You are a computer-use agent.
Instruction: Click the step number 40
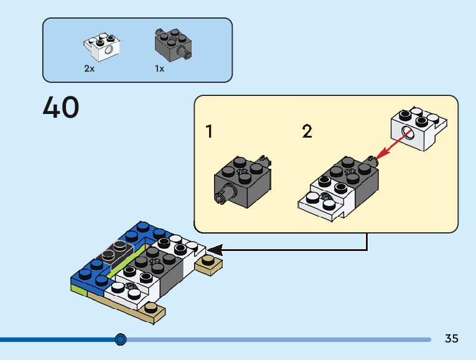[x=61, y=107]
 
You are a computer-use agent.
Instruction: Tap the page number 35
[x=451, y=338]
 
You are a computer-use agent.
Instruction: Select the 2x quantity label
[x=89, y=69]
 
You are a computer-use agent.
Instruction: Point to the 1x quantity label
[x=159, y=69]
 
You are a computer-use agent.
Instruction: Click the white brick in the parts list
[x=102, y=47]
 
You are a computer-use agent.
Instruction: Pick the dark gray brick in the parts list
[x=173, y=45]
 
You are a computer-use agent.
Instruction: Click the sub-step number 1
[x=209, y=131]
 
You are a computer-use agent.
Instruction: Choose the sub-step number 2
[x=307, y=131]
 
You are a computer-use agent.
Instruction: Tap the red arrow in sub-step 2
[x=393, y=144]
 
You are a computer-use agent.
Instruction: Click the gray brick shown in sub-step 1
[x=243, y=181]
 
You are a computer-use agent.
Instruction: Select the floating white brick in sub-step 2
[x=419, y=129]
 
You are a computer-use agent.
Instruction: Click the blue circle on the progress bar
[x=121, y=339]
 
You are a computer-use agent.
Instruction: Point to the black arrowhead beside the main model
[x=215, y=250]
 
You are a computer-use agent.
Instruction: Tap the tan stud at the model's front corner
[x=151, y=308]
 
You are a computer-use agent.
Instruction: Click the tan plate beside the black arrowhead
[x=208, y=265]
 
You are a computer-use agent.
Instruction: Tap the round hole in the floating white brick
[x=407, y=133]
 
